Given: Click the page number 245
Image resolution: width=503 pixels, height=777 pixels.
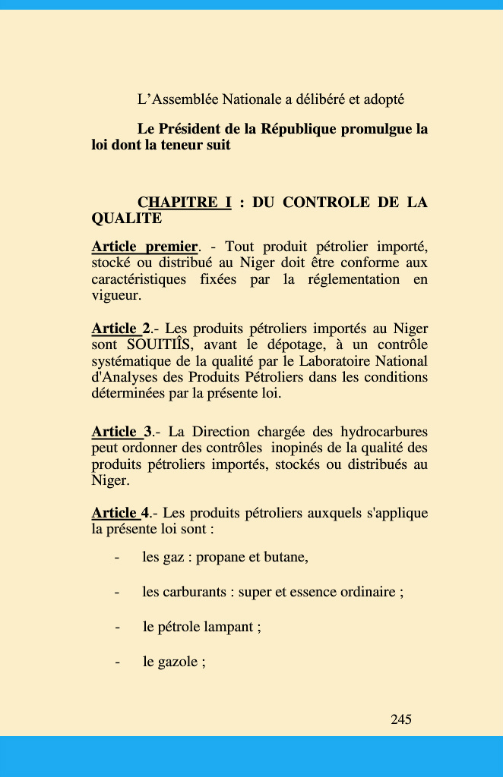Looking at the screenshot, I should [401, 719].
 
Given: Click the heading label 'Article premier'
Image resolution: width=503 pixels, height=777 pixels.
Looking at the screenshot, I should [144, 247].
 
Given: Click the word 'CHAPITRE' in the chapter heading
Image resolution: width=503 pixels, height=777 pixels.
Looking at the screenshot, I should [185, 203].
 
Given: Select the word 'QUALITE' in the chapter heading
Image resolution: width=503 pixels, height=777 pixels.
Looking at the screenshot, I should [126, 219].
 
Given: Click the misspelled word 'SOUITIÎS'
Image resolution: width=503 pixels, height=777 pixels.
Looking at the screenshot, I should [160, 344].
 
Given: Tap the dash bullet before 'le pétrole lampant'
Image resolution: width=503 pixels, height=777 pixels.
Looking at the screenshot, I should [118, 628].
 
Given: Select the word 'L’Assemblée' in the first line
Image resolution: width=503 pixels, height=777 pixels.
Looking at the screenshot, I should [176, 99].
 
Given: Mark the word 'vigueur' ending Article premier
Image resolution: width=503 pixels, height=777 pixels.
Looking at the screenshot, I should [115, 296].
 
